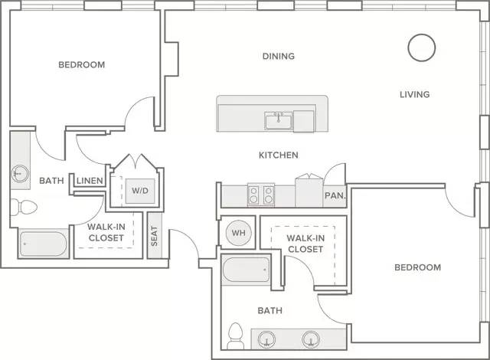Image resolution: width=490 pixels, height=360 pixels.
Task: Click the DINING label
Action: pyautogui.click(x=279, y=56)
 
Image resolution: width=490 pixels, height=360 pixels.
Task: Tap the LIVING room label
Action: pyautogui.click(x=415, y=94)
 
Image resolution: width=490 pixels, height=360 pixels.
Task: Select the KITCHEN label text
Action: pyautogui.click(x=279, y=155)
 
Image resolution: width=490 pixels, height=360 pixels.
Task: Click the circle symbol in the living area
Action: pyautogui.click(x=422, y=47)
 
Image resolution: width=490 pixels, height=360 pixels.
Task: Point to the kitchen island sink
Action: pyautogui.click(x=278, y=120)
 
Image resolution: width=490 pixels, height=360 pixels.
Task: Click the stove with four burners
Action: pyautogui.click(x=261, y=195)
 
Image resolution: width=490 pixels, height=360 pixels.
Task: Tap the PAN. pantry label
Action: pyautogui.click(x=335, y=196)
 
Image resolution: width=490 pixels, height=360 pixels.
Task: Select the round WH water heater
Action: pyautogui.click(x=238, y=233)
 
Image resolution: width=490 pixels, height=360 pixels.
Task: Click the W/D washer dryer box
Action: pyautogui.click(x=140, y=191)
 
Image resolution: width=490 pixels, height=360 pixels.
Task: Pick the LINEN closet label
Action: pyautogui.click(x=90, y=181)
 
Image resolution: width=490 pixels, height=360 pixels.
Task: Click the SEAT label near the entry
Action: pyautogui.click(x=155, y=236)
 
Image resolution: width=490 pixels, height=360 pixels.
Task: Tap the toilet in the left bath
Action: pyautogui.click(x=24, y=207)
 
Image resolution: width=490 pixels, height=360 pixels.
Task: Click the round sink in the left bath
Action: pyautogui.click(x=20, y=173)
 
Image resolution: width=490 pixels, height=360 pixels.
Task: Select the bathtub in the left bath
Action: pyautogui.click(x=44, y=244)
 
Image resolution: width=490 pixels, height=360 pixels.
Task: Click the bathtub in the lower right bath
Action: pyautogui.click(x=246, y=270)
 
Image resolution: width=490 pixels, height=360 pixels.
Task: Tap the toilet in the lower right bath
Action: pyautogui.click(x=236, y=336)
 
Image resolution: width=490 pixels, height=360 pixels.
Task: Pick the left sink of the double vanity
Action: pyautogui.click(x=267, y=339)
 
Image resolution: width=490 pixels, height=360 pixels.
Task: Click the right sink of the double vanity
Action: pyautogui.click(x=311, y=339)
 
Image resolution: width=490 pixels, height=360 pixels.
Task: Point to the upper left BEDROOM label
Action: pyautogui.click(x=82, y=65)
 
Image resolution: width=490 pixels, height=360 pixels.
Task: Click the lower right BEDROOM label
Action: pyautogui.click(x=418, y=267)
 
